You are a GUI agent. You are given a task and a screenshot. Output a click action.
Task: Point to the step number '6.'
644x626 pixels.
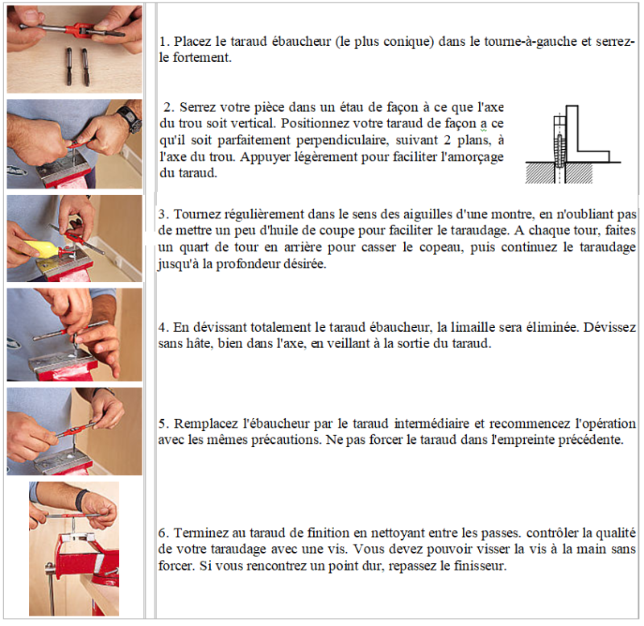point(164,533)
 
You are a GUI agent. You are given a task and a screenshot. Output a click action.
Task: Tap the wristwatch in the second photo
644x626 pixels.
point(130,118)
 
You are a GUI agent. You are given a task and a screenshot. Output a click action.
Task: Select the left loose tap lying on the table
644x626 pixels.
point(68,66)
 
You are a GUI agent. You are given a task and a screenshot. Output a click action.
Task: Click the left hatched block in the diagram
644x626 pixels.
point(540,172)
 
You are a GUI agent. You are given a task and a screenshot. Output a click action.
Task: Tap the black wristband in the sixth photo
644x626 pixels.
point(81,500)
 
